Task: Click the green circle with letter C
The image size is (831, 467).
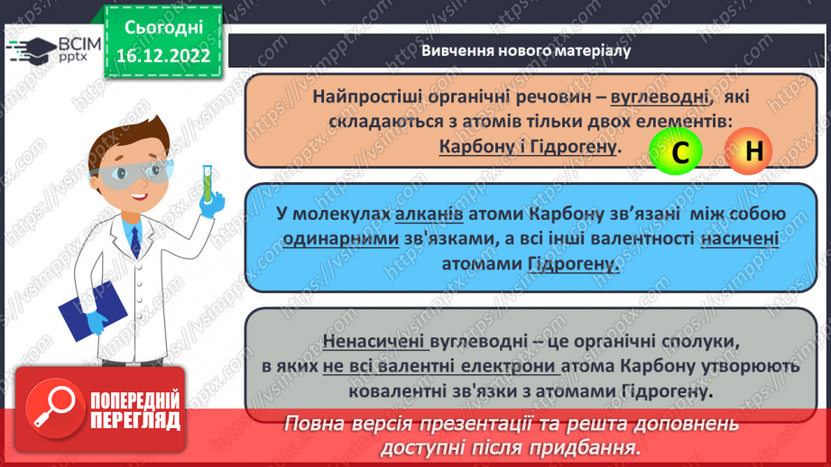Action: [681, 152]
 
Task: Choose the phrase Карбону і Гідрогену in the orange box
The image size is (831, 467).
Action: [529, 146]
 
